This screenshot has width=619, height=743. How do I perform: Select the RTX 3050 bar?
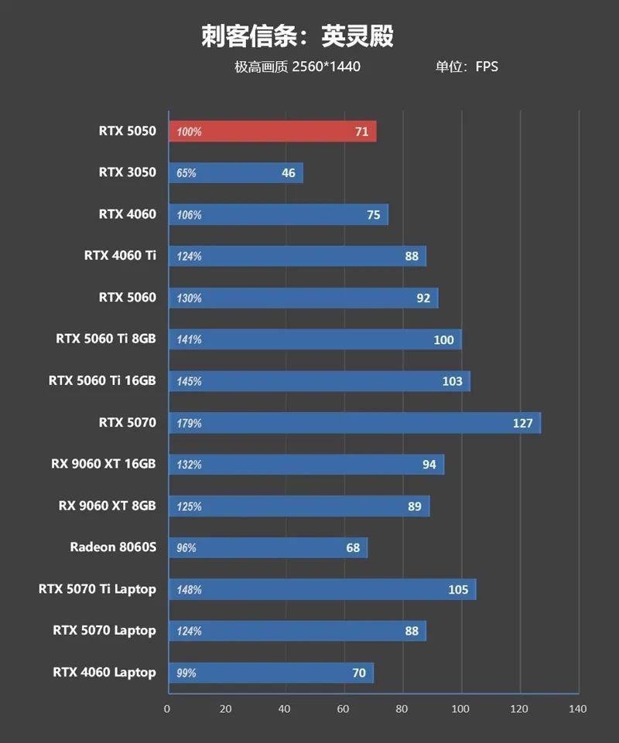(x=235, y=173)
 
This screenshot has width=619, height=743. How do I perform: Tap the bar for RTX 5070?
(x=354, y=423)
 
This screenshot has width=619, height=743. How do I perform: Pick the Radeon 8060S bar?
(x=268, y=548)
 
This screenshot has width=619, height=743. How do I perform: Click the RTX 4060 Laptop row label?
(x=104, y=672)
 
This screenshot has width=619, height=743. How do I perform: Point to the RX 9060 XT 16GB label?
(x=104, y=464)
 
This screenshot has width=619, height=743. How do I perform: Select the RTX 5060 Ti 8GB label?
(x=106, y=339)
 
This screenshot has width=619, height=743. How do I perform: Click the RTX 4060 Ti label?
(x=120, y=255)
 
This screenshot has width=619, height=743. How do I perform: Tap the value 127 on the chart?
(x=522, y=423)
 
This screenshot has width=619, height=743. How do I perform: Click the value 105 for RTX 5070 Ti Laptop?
(x=458, y=590)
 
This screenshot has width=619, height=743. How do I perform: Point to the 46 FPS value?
(x=289, y=173)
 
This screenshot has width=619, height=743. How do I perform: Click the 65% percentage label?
(x=186, y=173)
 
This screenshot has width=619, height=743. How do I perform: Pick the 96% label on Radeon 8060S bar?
(x=186, y=548)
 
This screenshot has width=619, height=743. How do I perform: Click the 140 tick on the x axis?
(x=578, y=709)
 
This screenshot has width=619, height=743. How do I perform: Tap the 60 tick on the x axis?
(x=343, y=709)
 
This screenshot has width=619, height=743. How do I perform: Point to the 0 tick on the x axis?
(x=167, y=709)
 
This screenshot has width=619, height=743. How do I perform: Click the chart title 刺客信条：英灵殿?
(x=298, y=36)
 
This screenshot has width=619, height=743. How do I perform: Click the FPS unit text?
(x=487, y=66)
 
